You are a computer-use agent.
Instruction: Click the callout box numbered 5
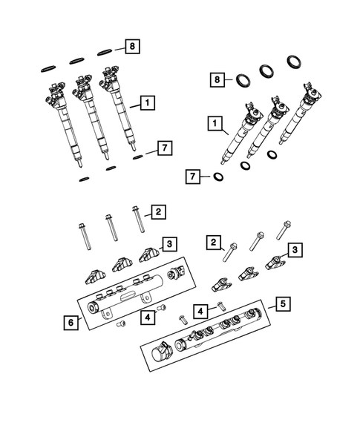[x=281, y=303]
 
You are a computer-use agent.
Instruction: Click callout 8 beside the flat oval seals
[x=131, y=47]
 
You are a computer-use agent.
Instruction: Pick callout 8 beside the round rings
[x=216, y=79]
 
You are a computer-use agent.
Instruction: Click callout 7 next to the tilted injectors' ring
[x=193, y=177]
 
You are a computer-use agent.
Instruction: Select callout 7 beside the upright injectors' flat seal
[x=165, y=148]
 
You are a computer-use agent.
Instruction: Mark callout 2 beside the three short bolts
[x=214, y=241]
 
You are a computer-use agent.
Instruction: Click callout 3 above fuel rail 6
[x=169, y=243]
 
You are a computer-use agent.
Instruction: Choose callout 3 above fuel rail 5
[x=295, y=250]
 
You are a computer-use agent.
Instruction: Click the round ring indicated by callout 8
[x=241, y=78]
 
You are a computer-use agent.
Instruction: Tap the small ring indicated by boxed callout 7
[x=219, y=177]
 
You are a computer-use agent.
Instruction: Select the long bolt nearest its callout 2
[x=138, y=220]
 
